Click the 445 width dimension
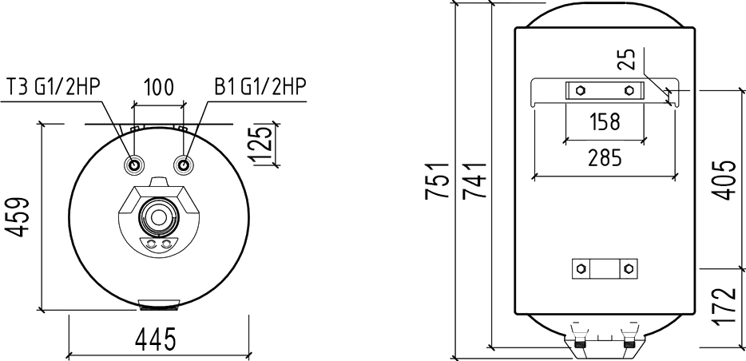(x=156, y=339)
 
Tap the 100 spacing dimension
(x=158, y=88)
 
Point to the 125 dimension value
(x=260, y=145)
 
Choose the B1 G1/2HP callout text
(x=260, y=87)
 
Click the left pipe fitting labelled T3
(x=133, y=165)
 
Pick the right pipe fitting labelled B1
(x=183, y=165)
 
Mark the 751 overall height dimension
(x=437, y=180)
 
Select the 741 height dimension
(x=474, y=180)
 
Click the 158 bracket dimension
(x=604, y=121)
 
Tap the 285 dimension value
(x=605, y=157)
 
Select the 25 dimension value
(x=628, y=59)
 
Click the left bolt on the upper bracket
(x=580, y=90)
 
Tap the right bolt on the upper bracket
(x=629, y=90)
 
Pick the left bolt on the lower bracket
(x=580, y=268)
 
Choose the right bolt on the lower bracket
(x=629, y=268)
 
